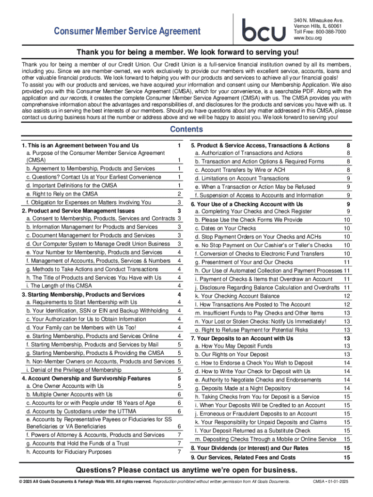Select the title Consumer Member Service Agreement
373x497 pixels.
[x=127, y=32]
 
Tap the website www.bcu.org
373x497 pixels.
[x=308, y=38]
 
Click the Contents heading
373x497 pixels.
[x=186, y=130]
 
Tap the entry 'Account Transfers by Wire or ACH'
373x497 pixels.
[x=240, y=170]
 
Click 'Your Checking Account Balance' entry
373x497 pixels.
[x=230, y=296]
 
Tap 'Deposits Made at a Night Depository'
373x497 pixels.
[x=242, y=388]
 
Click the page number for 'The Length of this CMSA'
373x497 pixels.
[x=179, y=286]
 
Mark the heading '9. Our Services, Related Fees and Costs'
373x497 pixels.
[x=243, y=458]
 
